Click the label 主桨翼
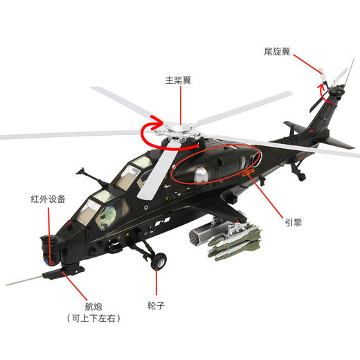pos(178,80)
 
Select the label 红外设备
pos(48,199)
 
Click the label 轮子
pos(156,303)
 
